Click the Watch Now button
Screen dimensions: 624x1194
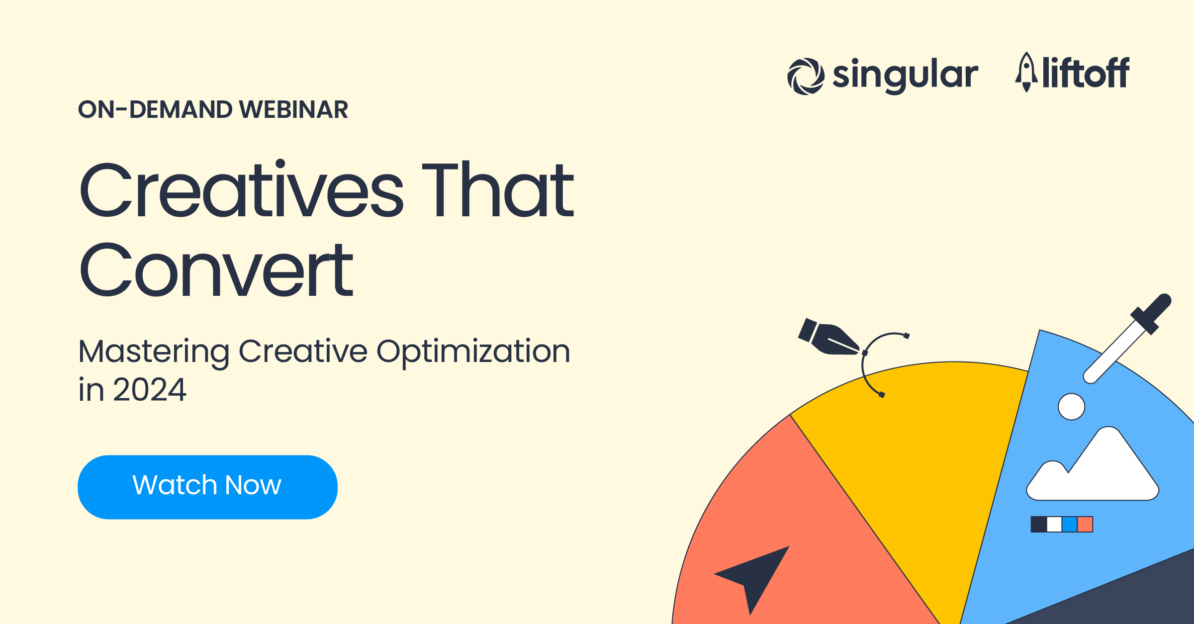click(207, 487)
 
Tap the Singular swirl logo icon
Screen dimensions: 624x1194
click(806, 76)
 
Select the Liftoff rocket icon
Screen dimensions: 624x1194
click(1026, 72)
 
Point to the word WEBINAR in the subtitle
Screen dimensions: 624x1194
click(293, 109)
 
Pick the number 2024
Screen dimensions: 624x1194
click(149, 389)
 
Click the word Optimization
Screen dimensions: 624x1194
click(473, 352)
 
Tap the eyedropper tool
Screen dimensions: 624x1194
click(1129, 338)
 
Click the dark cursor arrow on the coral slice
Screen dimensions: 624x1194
click(756, 577)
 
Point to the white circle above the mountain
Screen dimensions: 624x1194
click(1071, 407)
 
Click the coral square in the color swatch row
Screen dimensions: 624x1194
click(1085, 524)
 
